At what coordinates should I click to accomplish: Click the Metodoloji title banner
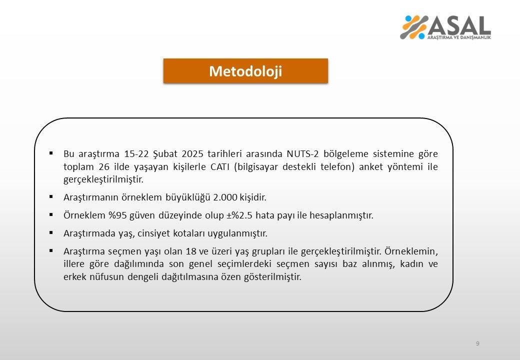[x=245, y=71]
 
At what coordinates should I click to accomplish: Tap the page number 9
[x=477, y=343]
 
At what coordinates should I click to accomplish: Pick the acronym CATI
[x=219, y=166]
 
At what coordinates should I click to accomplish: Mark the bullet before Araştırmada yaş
[x=52, y=233]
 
